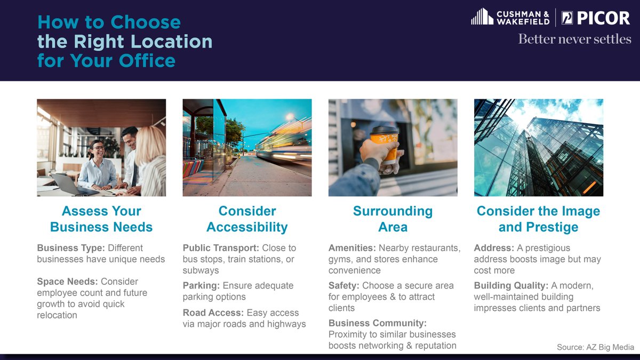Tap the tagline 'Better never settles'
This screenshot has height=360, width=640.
574,39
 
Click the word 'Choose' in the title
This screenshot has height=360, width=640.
146,22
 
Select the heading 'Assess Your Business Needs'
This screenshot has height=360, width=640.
101,219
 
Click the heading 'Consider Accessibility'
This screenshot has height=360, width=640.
247,219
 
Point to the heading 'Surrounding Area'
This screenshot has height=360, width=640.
393,219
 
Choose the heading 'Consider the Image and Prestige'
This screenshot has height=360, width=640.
538,219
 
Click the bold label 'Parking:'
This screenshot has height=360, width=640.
201,285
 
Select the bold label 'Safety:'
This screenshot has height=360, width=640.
344,285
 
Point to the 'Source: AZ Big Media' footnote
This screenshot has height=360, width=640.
595,347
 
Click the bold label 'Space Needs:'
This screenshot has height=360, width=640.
67,282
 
